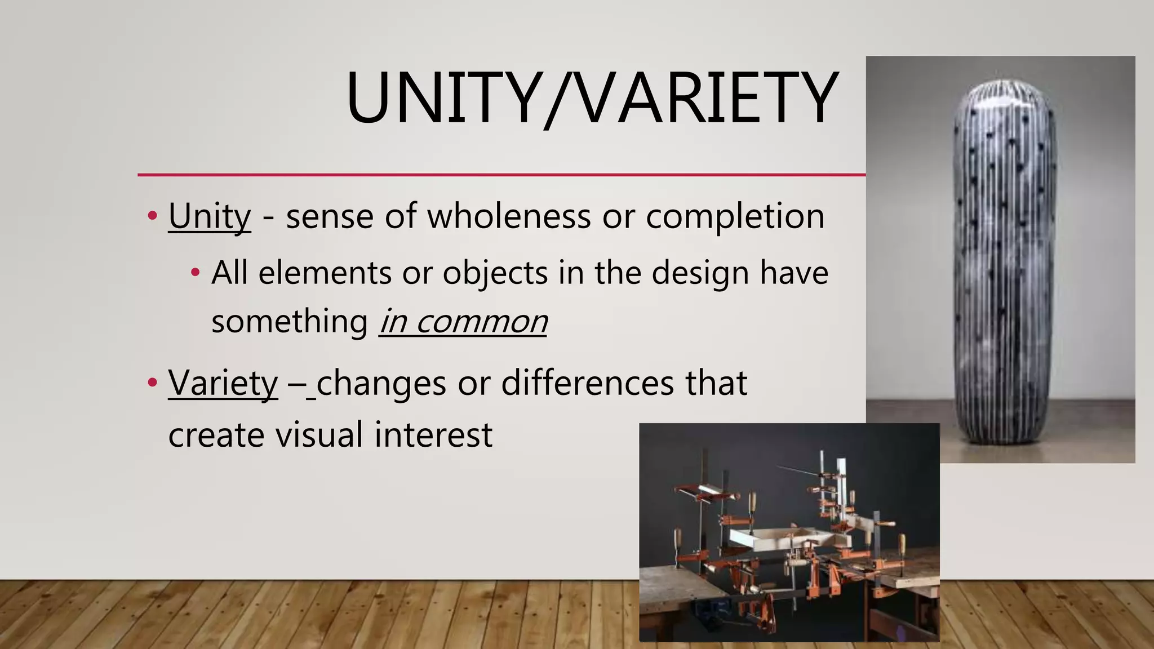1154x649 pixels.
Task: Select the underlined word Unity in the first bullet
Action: click(x=209, y=216)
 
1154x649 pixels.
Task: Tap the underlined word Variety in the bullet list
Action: click(x=223, y=384)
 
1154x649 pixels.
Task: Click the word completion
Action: click(x=735, y=216)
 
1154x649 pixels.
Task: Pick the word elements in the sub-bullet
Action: click(x=325, y=273)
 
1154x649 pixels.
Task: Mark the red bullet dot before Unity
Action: click(x=152, y=215)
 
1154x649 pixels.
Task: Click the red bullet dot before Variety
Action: click(x=152, y=383)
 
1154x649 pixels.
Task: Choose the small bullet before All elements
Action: click(x=195, y=273)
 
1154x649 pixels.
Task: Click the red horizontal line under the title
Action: click(x=501, y=175)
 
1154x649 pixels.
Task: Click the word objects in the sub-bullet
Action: click(x=495, y=273)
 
